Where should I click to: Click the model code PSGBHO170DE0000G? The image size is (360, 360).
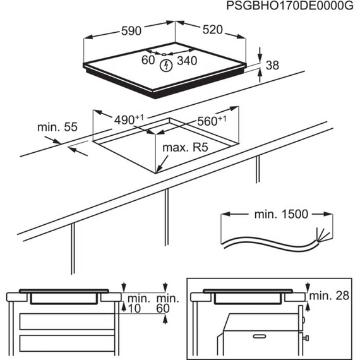284,6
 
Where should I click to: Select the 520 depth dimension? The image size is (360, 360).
212,30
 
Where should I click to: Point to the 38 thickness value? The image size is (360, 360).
272,64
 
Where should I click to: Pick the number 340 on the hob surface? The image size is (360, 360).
187,61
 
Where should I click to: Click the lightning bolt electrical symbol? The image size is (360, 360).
166,64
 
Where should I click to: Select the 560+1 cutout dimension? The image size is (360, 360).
211,121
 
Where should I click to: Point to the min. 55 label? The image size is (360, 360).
57,127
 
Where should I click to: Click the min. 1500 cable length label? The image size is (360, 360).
281,214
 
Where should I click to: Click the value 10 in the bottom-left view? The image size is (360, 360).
132,308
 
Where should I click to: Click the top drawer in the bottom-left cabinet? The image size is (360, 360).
63,321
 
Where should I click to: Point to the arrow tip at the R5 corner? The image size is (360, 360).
159,170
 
